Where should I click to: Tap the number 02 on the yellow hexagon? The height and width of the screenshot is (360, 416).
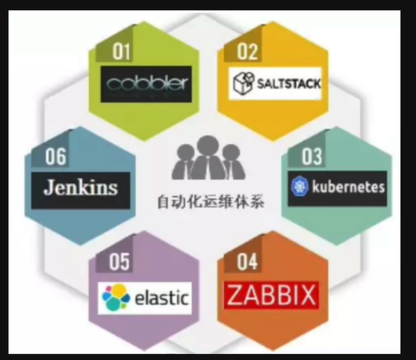pyautogui.click(x=248, y=52)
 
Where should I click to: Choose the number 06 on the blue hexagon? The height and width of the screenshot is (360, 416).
pyautogui.click(x=56, y=157)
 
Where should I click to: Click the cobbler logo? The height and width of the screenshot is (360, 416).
pyautogui.click(x=148, y=85)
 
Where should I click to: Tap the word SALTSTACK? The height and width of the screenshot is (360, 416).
pyautogui.click(x=287, y=85)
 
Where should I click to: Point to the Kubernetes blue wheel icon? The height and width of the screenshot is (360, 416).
pyautogui.click(x=298, y=187)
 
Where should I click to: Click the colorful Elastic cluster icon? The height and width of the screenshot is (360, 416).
pyautogui.click(x=115, y=297)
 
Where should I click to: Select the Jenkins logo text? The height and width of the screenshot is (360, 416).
pyautogui.click(x=80, y=187)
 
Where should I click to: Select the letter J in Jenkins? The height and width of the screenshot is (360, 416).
pyautogui.click(x=48, y=187)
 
